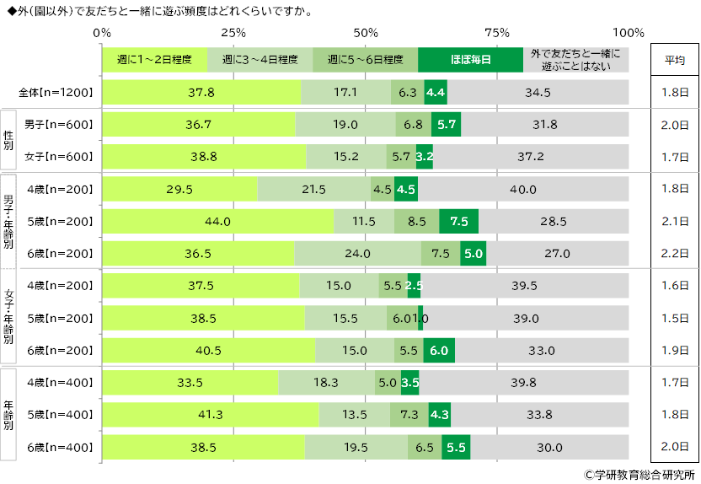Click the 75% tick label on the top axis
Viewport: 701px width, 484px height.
pos(497,33)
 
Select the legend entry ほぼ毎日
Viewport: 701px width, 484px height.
pos(470,60)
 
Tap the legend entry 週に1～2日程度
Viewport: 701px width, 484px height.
pos(154,60)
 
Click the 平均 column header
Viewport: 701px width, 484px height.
pos(674,60)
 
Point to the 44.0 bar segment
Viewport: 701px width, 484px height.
pos(217,221)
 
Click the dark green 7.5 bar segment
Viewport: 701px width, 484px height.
pos(459,221)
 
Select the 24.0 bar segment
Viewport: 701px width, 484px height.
pos(357,253)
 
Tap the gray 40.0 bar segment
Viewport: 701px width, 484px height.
pos(522,189)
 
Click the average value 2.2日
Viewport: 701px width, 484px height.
pos(674,253)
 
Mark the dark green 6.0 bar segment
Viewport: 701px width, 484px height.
pos(440,350)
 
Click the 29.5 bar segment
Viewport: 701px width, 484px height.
pos(179,189)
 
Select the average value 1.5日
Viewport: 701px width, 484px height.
pos(674,318)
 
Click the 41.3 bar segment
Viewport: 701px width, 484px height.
pos(211,415)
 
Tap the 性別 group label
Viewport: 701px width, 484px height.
pos(8,140)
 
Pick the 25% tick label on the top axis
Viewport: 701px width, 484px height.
pos(233,33)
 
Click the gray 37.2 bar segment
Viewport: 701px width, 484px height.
pos(530,157)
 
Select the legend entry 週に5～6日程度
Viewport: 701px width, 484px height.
pos(365,60)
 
